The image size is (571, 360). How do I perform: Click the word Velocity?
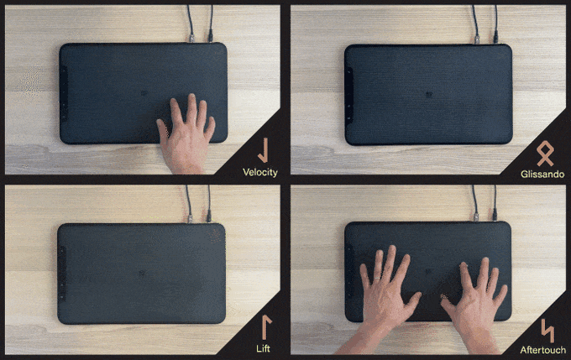click(x=260, y=172)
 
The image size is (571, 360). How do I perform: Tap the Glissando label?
click(x=542, y=174)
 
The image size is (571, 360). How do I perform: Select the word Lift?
click(x=264, y=348)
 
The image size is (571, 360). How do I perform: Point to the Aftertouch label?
click(x=543, y=350)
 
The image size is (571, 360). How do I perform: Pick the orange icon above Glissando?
click(x=545, y=154)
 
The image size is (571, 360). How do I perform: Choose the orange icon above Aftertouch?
click(x=547, y=331)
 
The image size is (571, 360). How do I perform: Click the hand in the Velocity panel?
click(x=186, y=134)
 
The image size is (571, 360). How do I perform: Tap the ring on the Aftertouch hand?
click(x=377, y=278)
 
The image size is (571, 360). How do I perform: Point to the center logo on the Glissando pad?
click(x=429, y=95)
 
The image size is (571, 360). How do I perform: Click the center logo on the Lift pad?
click(x=142, y=273)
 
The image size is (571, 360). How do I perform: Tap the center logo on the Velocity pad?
click(x=144, y=93)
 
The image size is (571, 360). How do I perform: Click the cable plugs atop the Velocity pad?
click(x=201, y=38)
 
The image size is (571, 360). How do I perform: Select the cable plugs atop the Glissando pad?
click(x=486, y=39)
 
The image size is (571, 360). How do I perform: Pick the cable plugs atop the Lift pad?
click(x=199, y=217)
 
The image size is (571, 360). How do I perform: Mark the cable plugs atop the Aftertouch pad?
click(x=485, y=217)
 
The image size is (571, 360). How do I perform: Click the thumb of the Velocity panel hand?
click(x=163, y=131)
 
